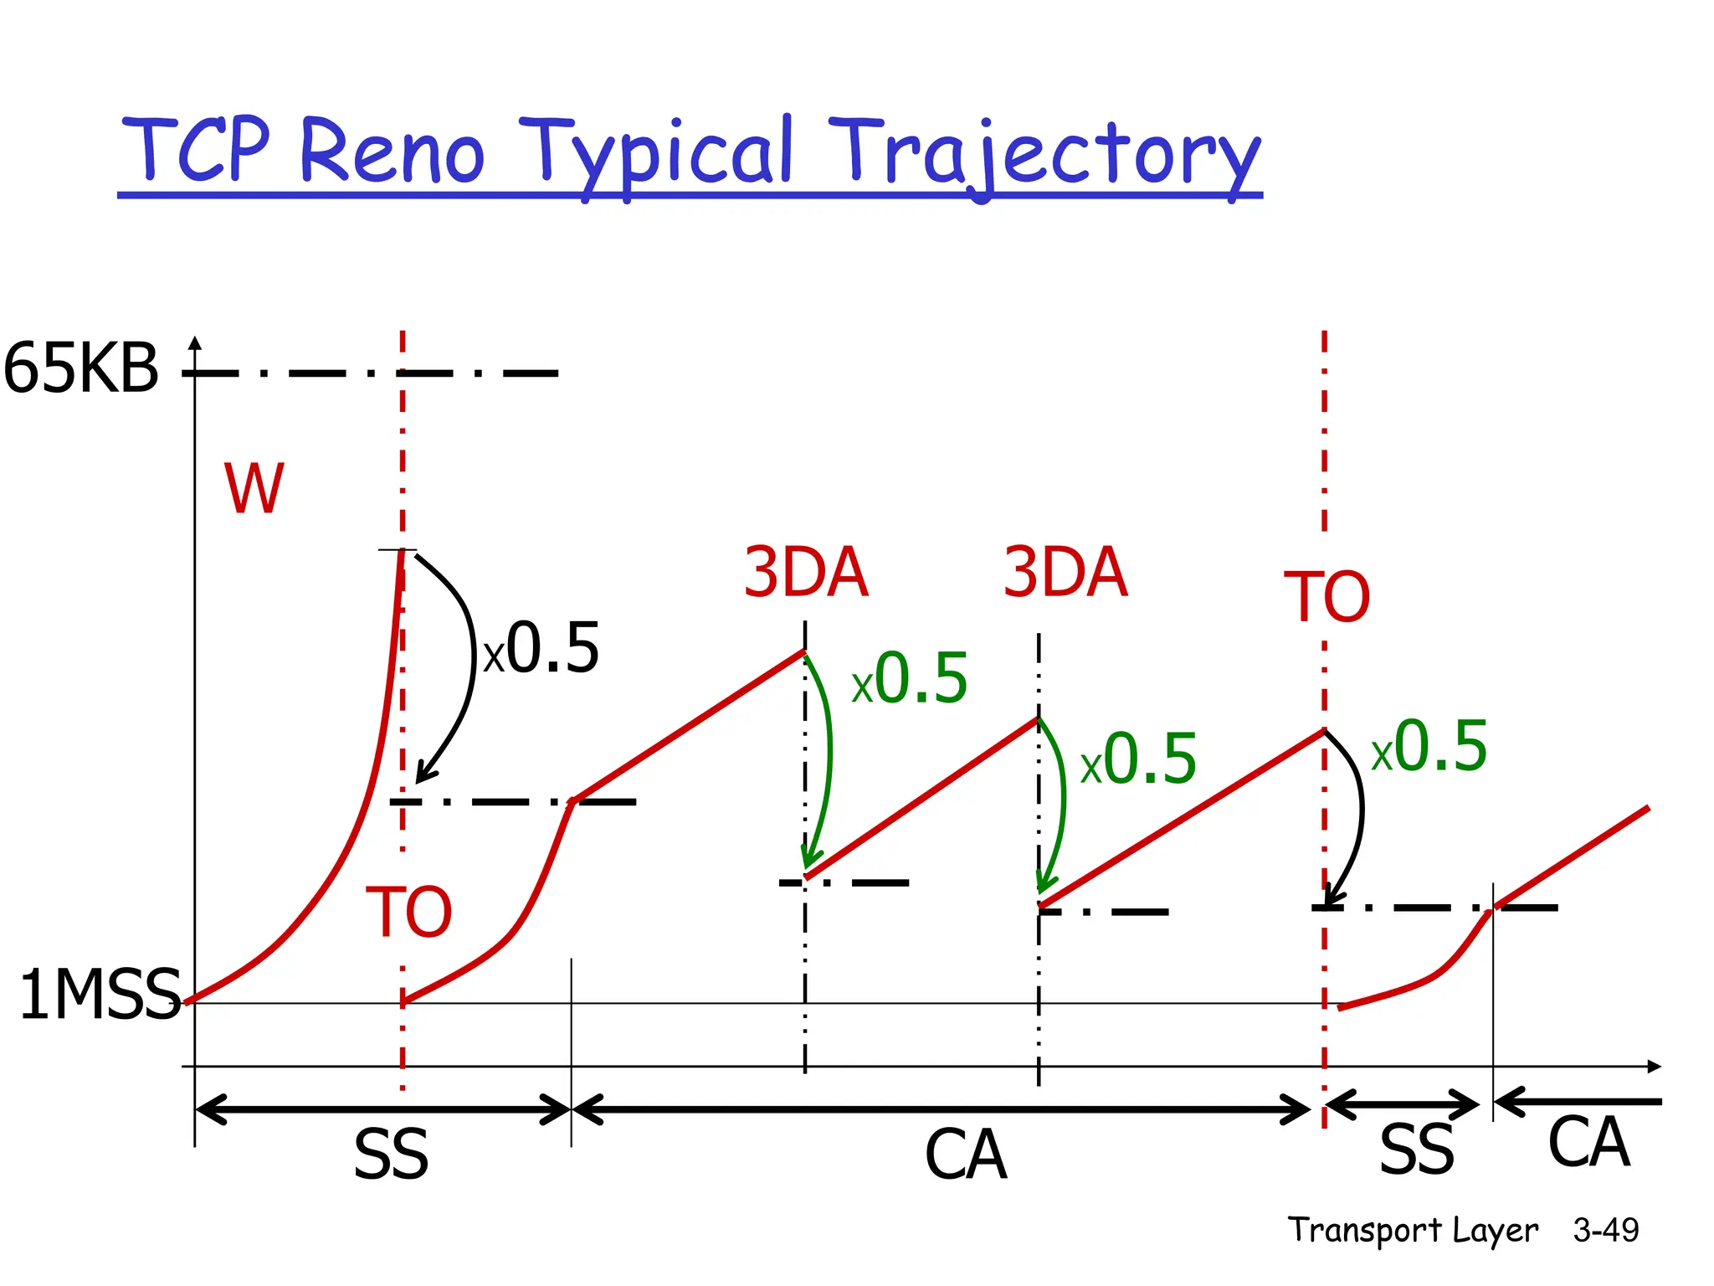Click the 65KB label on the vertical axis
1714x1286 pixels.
[81, 368]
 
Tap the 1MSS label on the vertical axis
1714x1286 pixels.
[100, 995]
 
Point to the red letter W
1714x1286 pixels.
[254, 489]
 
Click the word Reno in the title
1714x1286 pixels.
[392, 151]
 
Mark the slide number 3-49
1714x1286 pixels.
[1605, 1230]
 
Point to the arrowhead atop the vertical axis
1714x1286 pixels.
[195, 342]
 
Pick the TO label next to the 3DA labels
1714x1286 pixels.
[1327, 597]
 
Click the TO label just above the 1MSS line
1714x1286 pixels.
[408, 912]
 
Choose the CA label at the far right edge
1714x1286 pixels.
[1588, 1142]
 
